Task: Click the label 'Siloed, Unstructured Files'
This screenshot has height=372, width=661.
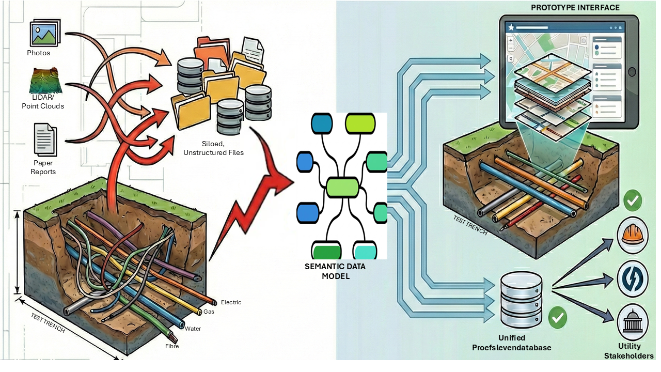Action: click(x=213, y=148)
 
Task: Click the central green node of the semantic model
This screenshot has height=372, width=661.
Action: click(x=342, y=187)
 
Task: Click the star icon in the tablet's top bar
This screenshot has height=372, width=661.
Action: click(x=511, y=27)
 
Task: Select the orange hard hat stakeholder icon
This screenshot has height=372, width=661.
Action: click(x=632, y=236)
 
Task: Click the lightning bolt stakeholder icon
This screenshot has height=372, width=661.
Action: click(x=632, y=278)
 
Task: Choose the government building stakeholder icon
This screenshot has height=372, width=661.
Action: click(x=632, y=322)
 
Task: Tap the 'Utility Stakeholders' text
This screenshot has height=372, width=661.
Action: click(x=628, y=351)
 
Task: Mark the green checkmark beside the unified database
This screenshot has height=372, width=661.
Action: click(x=557, y=317)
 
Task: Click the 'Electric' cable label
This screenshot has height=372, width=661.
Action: click(x=231, y=302)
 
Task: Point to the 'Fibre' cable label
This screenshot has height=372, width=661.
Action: click(x=172, y=346)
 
